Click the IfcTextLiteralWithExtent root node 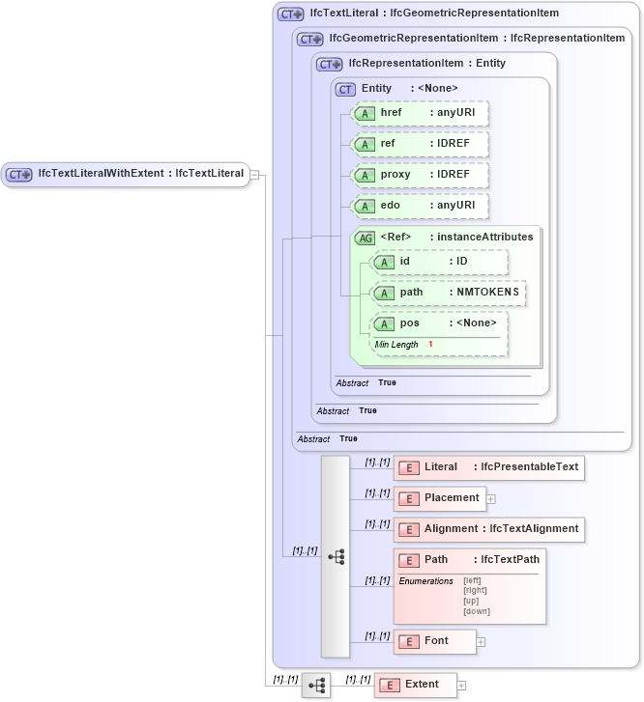tap(126, 174)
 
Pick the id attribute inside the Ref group tap(439, 262)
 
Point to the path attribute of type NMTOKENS tap(449, 293)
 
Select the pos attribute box tap(440, 323)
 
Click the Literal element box tap(488, 467)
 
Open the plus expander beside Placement tap(491, 499)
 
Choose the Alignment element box tap(488, 529)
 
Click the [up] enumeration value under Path tap(471, 601)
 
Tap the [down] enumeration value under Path tap(476, 611)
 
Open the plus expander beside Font tap(481, 641)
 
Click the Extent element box tap(415, 685)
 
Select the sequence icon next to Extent tap(315, 686)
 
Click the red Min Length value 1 tap(430, 345)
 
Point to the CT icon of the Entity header tap(345, 89)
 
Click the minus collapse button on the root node tap(254, 175)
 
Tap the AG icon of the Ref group tap(366, 238)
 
